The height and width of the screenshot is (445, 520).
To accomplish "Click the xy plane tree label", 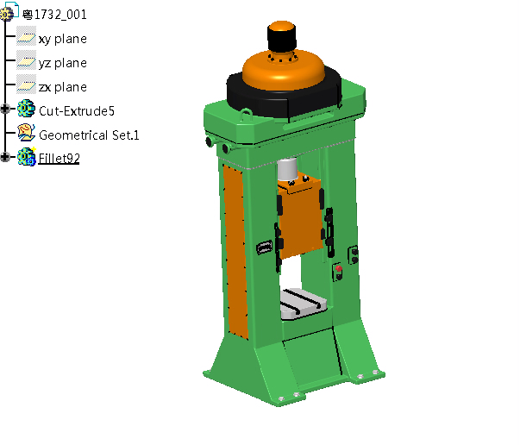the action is coord(63,39).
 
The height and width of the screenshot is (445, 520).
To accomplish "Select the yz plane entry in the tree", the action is coord(63,63).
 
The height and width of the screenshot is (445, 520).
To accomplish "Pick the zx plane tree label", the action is coord(63,87).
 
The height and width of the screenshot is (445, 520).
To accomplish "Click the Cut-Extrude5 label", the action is coord(77,111).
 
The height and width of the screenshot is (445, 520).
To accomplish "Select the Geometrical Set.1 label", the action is coord(89,135).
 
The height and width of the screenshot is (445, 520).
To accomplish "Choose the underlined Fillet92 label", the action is coord(59,158).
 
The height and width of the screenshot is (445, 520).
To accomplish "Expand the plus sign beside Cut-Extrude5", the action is coord(5,109).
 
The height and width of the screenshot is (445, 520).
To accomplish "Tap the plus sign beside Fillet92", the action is coord(5,156).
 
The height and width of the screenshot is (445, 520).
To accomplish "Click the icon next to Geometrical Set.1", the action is coord(26,133).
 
